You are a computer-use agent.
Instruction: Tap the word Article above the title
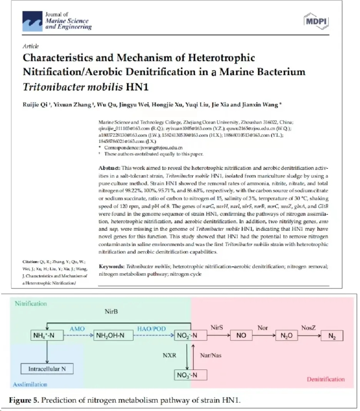click(x=31, y=46)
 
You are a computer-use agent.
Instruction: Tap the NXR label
click(x=169, y=355)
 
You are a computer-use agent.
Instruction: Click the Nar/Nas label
click(x=211, y=355)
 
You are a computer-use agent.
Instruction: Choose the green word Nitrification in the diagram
click(x=31, y=304)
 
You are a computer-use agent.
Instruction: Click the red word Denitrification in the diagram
click(x=325, y=379)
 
